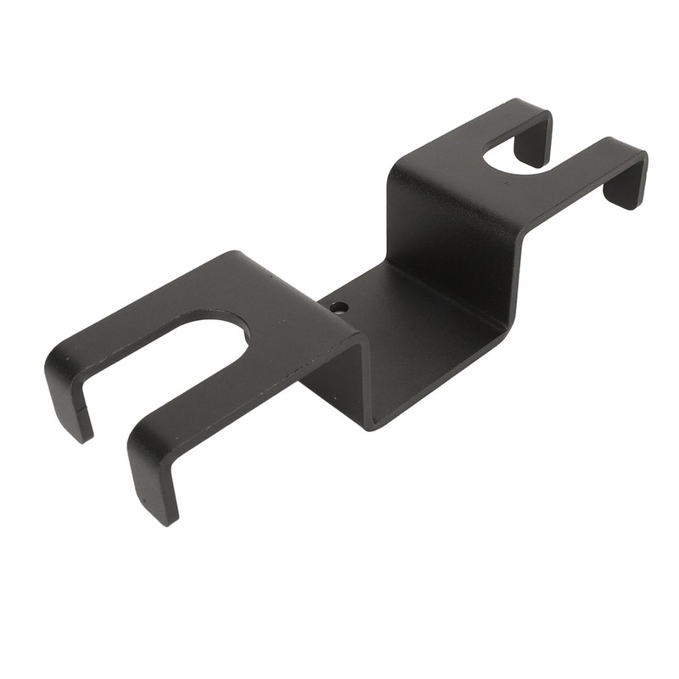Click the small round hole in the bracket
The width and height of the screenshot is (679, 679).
pyautogui.click(x=339, y=306)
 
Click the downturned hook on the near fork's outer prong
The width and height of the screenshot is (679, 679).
pyautogui.click(x=68, y=390)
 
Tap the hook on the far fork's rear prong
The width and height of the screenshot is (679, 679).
pyautogui.click(x=534, y=140)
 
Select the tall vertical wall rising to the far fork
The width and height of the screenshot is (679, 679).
pyautogui.click(x=450, y=246)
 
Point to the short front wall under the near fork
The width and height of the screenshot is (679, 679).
pyautogui.click(x=335, y=373)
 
